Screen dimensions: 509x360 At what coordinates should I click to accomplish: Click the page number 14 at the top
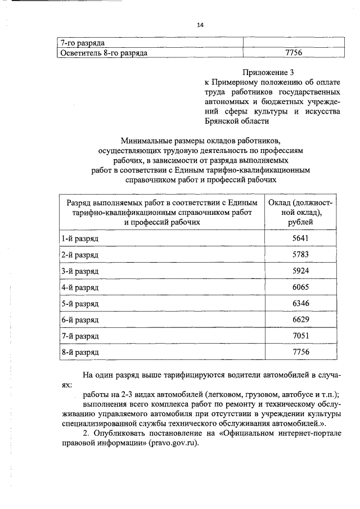click(x=200, y=25)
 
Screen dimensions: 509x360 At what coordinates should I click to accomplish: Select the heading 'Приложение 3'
click(x=268, y=72)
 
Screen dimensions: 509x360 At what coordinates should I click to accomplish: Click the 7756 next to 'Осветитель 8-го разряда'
click(x=294, y=53)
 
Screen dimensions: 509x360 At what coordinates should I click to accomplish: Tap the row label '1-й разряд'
click(x=80, y=238)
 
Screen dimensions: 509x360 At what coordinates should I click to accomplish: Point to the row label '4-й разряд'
click(x=80, y=287)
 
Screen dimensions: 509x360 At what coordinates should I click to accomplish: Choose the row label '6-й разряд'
click(x=80, y=320)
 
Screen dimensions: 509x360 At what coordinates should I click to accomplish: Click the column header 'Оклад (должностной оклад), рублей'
click(x=301, y=212)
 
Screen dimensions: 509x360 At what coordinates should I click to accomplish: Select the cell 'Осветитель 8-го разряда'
click(x=105, y=53)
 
